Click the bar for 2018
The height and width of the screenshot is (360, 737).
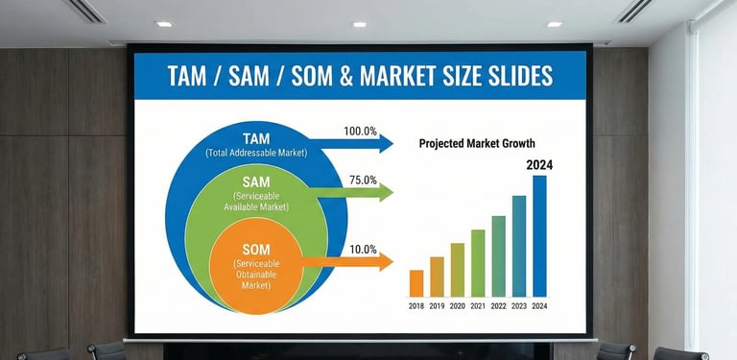416,283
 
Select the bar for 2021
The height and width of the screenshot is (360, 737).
478,263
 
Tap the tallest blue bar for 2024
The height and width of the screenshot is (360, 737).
539,236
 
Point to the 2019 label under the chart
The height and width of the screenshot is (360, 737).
437,305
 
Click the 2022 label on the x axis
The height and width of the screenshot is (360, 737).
498,305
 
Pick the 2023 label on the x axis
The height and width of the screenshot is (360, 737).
519,305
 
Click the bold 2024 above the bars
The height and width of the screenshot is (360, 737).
539,164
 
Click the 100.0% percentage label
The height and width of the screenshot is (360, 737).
360,131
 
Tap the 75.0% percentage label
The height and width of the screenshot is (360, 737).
363,180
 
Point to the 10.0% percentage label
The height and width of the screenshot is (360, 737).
363,249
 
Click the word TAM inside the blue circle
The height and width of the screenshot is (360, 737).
256,138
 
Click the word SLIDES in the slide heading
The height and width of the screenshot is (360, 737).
517,76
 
